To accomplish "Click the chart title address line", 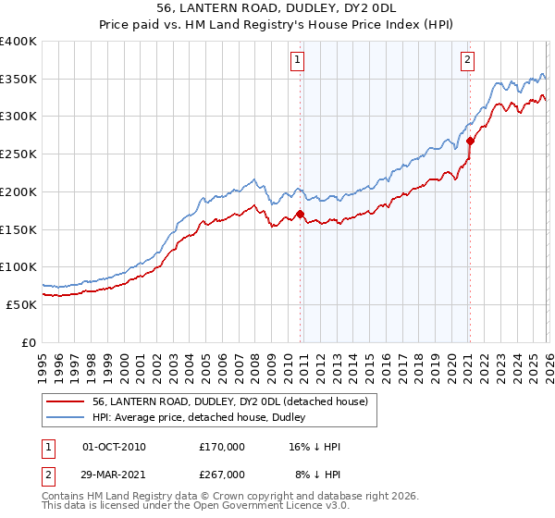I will [x=277, y=8].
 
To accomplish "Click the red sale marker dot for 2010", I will [x=301, y=214].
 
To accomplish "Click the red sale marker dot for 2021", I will [x=471, y=142].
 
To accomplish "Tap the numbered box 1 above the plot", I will [x=298, y=61].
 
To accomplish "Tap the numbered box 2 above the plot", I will [x=468, y=61].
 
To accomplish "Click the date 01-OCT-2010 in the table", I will [x=114, y=447].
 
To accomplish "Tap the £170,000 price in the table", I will [x=222, y=447].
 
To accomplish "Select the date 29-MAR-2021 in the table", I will [x=114, y=475].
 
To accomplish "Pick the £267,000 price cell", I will [x=222, y=475].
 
